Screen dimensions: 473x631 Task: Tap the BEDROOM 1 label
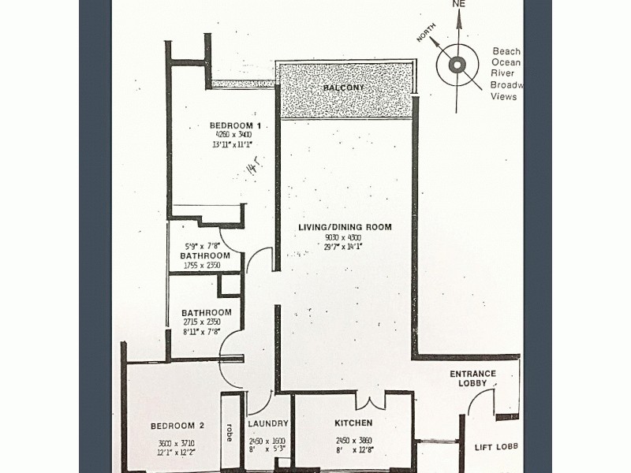click(x=235, y=126)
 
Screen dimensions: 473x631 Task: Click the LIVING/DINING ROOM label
click(x=345, y=228)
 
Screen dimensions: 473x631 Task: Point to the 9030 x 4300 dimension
click(x=345, y=237)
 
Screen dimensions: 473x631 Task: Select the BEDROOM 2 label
click(x=177, y=426)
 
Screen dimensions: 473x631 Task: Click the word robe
click(x=230, y=431)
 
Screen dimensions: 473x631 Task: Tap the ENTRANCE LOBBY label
click(x=472, y=378)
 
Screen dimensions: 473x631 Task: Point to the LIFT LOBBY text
click(x=496, y=447)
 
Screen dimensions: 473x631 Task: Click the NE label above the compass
click(x=459, y=4)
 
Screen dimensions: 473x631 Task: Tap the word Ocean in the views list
click(x=506, y=62)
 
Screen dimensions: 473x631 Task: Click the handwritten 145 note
click(x=253, y=168)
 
